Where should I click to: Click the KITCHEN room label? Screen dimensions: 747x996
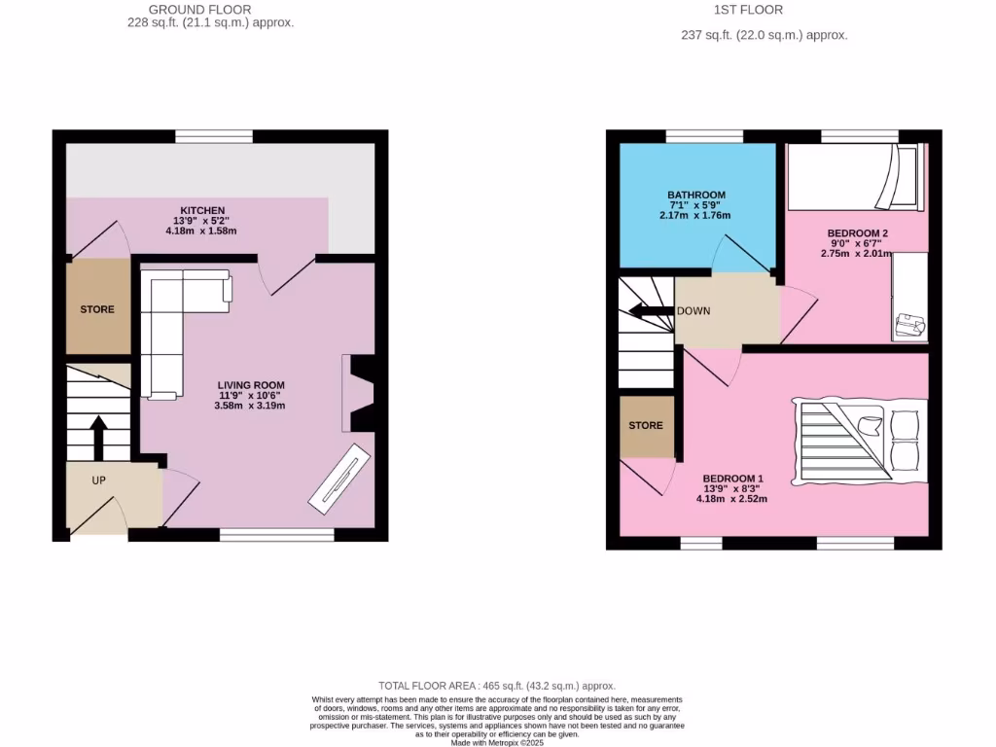202,210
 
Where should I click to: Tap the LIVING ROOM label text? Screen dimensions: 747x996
250,385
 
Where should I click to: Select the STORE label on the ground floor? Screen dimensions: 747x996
97,309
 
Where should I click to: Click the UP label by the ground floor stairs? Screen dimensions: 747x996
98,480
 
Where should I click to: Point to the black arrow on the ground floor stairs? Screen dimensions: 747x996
98,437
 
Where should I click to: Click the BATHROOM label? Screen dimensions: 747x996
695,195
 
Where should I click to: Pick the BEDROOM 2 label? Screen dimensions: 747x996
857,233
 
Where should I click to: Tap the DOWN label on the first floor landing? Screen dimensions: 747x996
694,311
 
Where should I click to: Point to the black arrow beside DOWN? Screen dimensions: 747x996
651,311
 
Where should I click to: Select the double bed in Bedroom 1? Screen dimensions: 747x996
859,441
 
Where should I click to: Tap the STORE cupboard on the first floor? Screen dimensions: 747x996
646,426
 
